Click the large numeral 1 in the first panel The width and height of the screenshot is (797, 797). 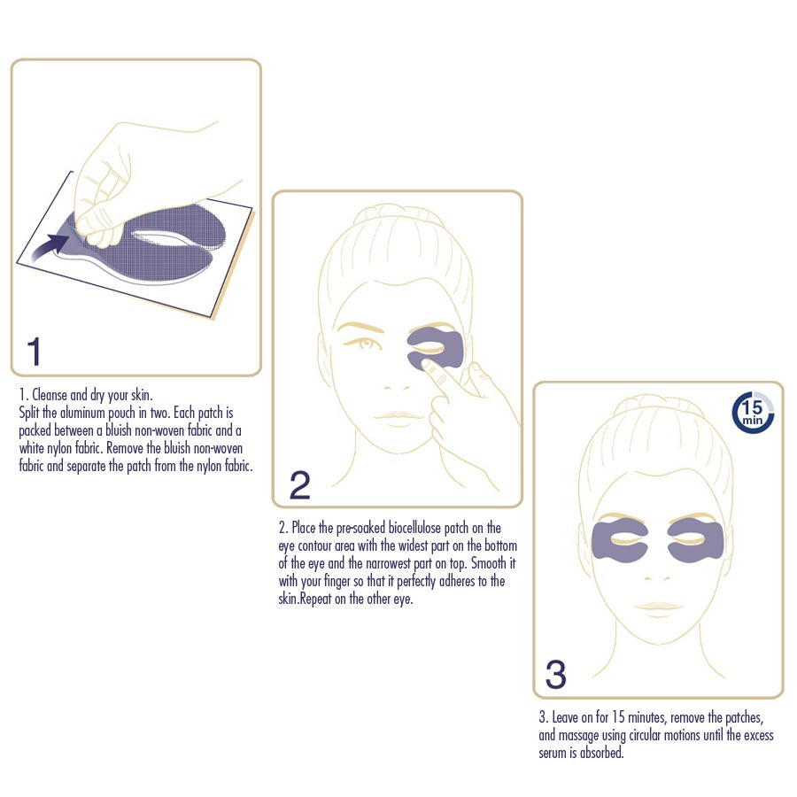tap(34, 352)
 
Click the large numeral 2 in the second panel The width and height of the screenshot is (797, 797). tap(300, 485)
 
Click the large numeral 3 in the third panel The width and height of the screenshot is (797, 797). tap(555, 674)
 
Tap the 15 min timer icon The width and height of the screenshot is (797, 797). tap(753, 412)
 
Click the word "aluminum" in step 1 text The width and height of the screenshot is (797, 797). tap(82, 413)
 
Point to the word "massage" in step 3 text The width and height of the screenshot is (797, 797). tap(578, 736)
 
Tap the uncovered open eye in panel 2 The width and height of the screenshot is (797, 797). tap(364, 344)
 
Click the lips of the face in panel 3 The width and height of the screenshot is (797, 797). tap(658, 606)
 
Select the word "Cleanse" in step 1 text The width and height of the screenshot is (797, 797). tap(50, 395)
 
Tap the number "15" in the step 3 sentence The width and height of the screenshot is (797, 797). tap(618, 717)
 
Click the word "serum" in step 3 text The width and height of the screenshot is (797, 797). tap(552, 754)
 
